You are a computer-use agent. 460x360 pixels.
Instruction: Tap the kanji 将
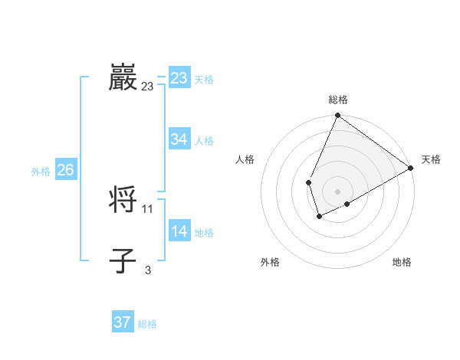pos(123,200)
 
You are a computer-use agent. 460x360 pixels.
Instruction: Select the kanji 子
pos(123,260)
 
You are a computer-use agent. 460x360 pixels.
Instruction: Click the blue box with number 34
pos(179,139)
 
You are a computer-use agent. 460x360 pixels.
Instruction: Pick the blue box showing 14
pos(179,231)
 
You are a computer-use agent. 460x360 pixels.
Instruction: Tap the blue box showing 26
pos(65,170)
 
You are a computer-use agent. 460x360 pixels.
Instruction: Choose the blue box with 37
pos(122,322)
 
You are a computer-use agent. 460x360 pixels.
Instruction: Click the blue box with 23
pos(179,78)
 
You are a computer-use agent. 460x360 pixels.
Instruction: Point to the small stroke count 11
pos(148,208)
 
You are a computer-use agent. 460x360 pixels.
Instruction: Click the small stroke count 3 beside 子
pos(148,270)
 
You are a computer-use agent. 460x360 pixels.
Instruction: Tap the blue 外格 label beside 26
pos(41,172)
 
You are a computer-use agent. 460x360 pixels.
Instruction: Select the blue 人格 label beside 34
pos(204,141)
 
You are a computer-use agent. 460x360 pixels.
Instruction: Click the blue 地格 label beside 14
pos(204,233)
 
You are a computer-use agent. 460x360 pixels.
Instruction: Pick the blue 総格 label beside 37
pos(147,324)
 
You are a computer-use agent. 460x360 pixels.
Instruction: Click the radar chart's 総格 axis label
pos(338,100)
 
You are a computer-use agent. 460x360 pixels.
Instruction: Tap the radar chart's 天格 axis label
pos(431,159)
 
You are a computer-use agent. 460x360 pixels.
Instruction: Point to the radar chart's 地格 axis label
pos(402,262)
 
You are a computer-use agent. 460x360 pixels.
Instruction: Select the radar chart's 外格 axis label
pos(270,262)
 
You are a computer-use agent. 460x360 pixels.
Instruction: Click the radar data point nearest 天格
pos(411,168)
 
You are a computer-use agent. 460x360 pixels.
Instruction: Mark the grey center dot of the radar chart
pos(337,191)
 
